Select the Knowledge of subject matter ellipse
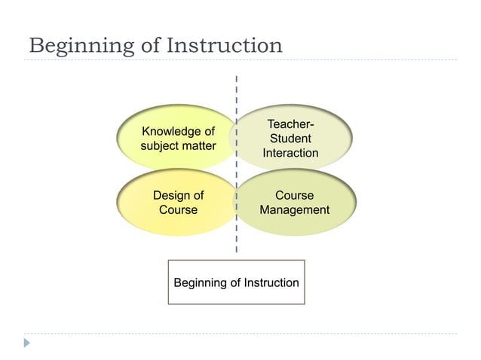click(x=178, y=138)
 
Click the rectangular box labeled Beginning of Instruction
click(x=236, y=282)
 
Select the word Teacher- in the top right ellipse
click(x=290, y=124)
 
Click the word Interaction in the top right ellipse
click(x=290, y=153)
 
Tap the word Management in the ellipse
click(x=294, y=209)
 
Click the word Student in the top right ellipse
click(x=290, y=139)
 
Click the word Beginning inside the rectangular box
click(x=199, y=282)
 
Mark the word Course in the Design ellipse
click(x=178, y=209)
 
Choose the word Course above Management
click(x=294, y=195)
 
